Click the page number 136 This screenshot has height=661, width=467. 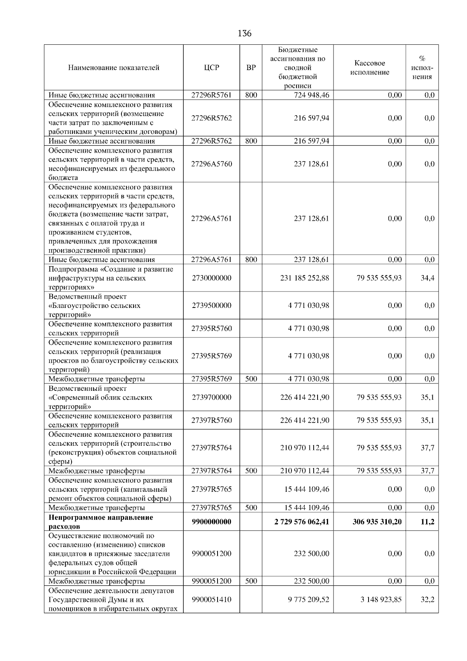(x=244, y=33)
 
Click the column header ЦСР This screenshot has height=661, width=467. (x=211, y=68)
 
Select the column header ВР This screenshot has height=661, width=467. (x=251, y=68)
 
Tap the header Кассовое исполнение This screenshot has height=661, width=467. (x=369, y=68)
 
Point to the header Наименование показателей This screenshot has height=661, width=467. (x=114, y=68)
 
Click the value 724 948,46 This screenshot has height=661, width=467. (x=311, y=95)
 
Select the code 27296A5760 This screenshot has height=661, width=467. (x=211, y=164)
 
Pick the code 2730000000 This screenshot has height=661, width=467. (x=211, y=278)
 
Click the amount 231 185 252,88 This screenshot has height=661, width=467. (x=304, y=278)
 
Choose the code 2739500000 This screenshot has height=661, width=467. (x=211, y=305)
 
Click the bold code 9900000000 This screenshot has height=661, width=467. (x=211, y=522)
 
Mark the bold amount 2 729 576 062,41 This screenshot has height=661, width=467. (x=302, y=522)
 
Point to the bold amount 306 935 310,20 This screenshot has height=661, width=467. (x=377, y=522)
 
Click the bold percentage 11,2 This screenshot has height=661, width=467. (x=427, y=522)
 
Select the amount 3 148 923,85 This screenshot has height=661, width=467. (x=381, y=599)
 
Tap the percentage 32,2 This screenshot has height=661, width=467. (x=427, y=599)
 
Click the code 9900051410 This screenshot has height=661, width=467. (x=211, y=599)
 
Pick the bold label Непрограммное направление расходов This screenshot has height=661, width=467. (x=100, y=522)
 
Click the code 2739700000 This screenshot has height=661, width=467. (x=211, y=397)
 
